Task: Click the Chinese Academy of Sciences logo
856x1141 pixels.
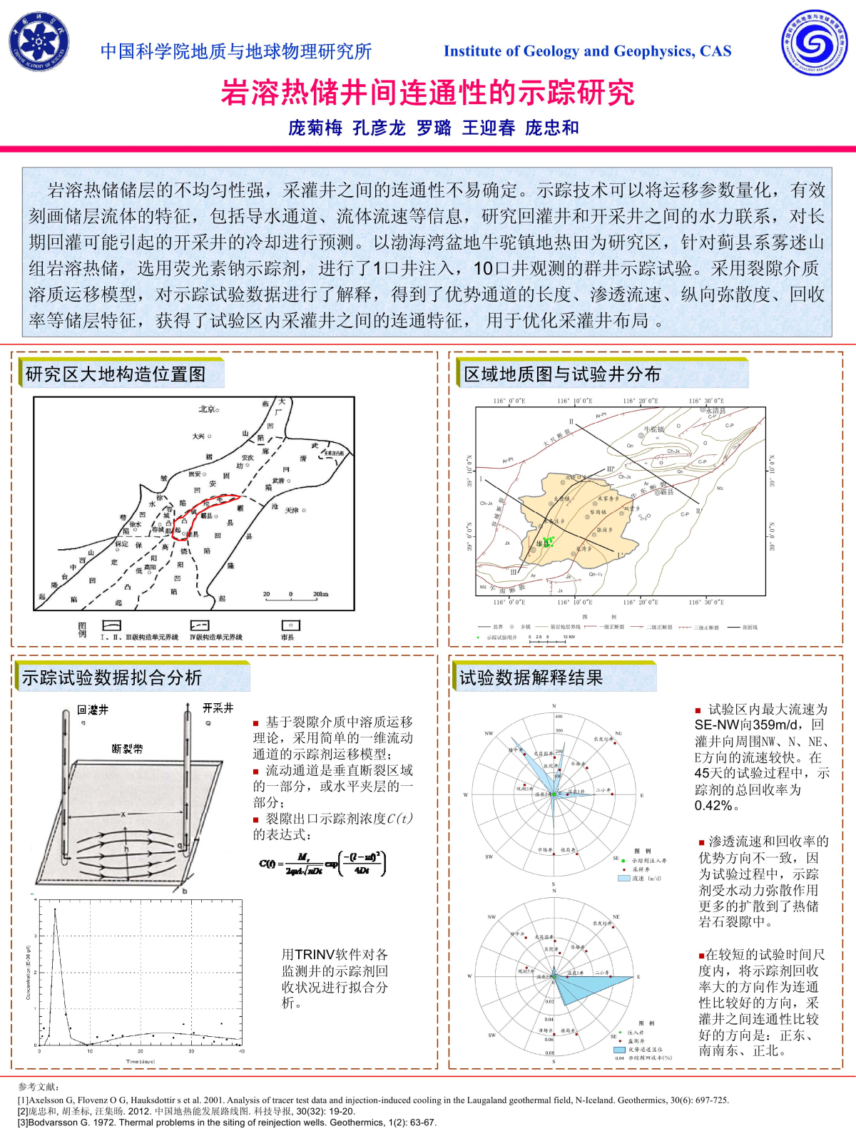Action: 39,42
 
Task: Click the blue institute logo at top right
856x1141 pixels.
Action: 814,43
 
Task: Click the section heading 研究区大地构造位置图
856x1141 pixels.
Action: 116,374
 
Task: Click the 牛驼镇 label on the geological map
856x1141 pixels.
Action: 653,429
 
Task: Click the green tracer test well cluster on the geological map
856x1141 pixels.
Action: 548,542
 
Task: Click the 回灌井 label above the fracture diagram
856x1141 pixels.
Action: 93,710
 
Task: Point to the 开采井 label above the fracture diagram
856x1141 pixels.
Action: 218,708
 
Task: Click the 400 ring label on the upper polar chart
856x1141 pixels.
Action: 559,716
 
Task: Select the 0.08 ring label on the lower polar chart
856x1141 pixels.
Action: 549,1053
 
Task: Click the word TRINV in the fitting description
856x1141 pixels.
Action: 315,954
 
